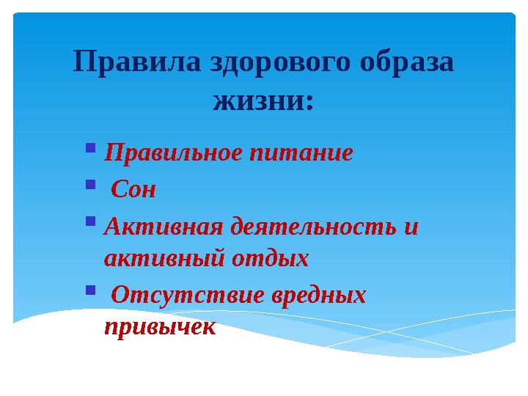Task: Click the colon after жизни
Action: [309, 102]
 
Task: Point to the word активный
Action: [165, 259]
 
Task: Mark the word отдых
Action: [270, 259]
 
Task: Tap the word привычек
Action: [160, 327]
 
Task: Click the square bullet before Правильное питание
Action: [90, 149]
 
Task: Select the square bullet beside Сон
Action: [90, 185]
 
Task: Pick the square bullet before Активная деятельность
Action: [90, 221]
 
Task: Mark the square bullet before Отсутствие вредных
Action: [90, 290]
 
